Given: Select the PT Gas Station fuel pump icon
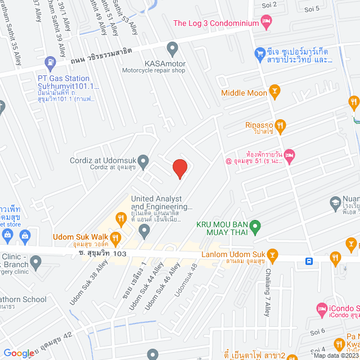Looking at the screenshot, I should pos(51,61).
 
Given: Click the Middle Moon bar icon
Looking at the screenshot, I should pos(274,90).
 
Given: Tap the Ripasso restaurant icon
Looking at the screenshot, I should pos(281,125).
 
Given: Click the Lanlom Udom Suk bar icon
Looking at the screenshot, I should pos(273,254).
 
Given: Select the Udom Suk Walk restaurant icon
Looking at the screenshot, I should pos(116,238).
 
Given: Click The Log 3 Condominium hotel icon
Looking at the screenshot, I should pos(267,23).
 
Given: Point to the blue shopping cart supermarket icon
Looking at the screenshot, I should pos(259,53).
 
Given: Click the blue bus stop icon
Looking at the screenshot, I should pos(309,260).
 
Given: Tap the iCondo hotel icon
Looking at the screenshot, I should pos(321,309).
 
